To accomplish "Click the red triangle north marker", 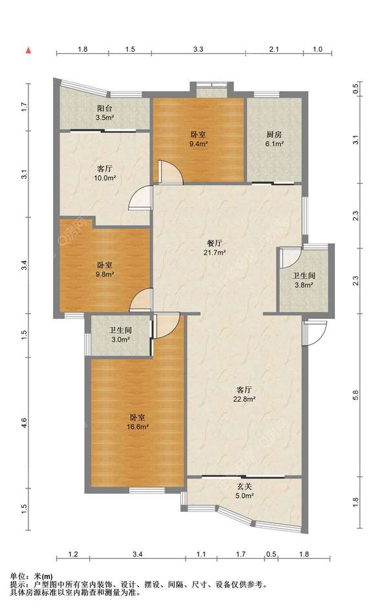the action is click(28, 50).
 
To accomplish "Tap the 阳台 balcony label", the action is click(105, 108).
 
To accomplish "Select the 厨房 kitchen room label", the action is click(274, 135).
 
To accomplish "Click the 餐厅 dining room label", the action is click(215, 243).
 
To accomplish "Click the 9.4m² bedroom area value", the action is click(199, 143).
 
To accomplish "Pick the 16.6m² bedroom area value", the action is click(137, 426).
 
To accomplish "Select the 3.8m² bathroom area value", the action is click(304, 285).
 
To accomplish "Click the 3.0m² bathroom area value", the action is click(120, 340).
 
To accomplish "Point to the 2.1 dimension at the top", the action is click(274, 49).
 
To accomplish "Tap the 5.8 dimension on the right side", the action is click(355, 395).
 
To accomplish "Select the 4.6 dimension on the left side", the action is click(24, 422).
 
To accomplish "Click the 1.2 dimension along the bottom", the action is click(73, 554).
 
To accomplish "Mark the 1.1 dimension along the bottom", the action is click(201, 554).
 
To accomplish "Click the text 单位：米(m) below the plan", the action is click(32, 576).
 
